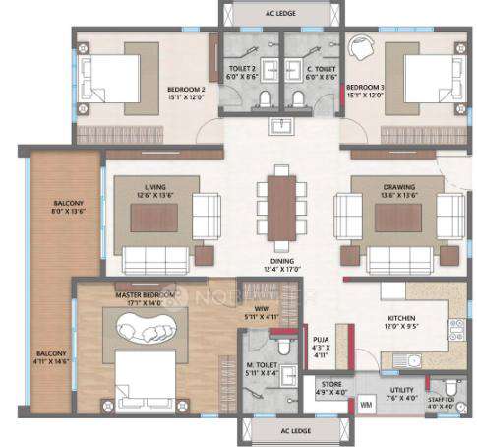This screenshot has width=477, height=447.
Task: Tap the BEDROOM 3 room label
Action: [x=366, y=92]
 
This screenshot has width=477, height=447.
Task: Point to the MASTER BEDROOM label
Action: [x=144, y=296]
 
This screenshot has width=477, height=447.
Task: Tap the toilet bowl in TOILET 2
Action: [x=267, y=96]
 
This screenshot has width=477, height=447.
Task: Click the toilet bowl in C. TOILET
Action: [x=296, y=96]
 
